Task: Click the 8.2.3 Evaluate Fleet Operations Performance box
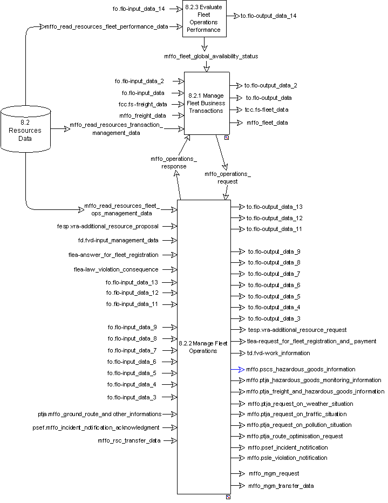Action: pyautogui.click(x=205, y=19)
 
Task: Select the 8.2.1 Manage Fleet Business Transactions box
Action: pyautogui.click(x=207, y=103)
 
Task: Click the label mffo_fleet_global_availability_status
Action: pyautogui.click(x=211, y=56)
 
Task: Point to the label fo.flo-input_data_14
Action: pyautogui.click(x=138, y=9)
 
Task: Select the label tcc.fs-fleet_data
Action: pyautogui.click(x=267, y=110)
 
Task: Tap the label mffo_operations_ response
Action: pyautogui.click(x=174, y=162)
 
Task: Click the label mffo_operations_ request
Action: pyautogui.click(x=227, y=178)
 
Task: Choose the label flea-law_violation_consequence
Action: pyautogui.click(x=116, y=269)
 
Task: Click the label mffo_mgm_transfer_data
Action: pyautogui.click(x=281, y=486)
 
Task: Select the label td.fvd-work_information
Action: pyautogui.click(x=278, y=353)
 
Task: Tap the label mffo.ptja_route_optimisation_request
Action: pyautogui.click(x=295, y=436)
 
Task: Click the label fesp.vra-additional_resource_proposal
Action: pyautogui.click(x=107, y=226)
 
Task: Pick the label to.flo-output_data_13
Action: pyautogui.click(x=274, y=207)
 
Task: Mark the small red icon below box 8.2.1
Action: pyautogui.click(x=227, y=138)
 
